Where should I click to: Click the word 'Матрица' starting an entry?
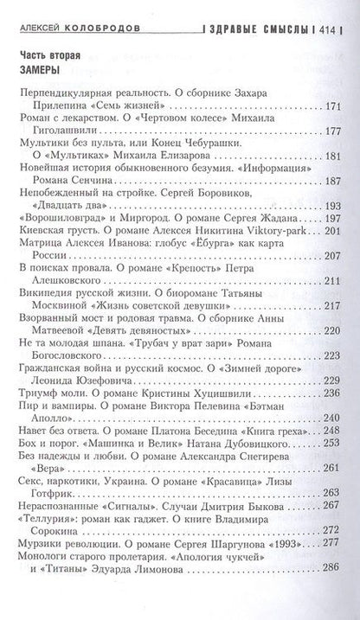[39, 248]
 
